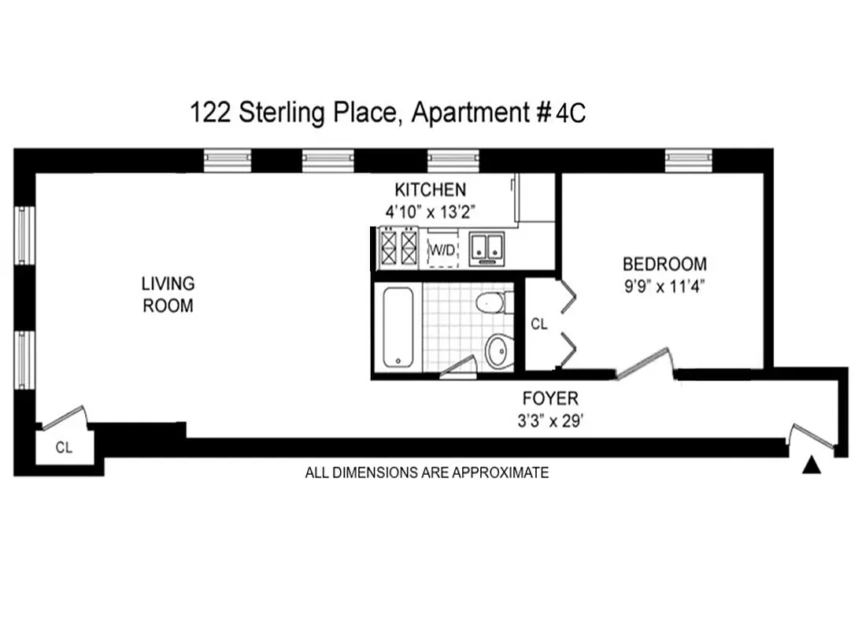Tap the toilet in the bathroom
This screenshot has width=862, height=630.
[494, 302]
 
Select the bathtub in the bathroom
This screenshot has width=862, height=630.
[398, 328]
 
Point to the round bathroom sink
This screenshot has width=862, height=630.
[498, 350]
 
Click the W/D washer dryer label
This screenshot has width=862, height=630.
[441, 250]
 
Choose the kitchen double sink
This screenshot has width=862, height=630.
[487, 246]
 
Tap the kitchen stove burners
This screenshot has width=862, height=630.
[398, 247]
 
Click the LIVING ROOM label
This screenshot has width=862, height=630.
[168, 295]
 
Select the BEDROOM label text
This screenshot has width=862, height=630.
[664, 264]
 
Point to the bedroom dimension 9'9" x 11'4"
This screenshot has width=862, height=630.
[664, 285]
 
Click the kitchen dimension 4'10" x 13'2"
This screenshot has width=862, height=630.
[430, 211]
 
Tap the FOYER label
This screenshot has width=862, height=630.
[550, 398]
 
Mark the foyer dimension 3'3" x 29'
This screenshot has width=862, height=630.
[550, 420]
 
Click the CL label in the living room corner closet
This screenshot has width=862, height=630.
[64, 447]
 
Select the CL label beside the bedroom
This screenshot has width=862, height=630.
[538, 323]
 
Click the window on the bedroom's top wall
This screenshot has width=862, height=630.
[688, 160]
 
